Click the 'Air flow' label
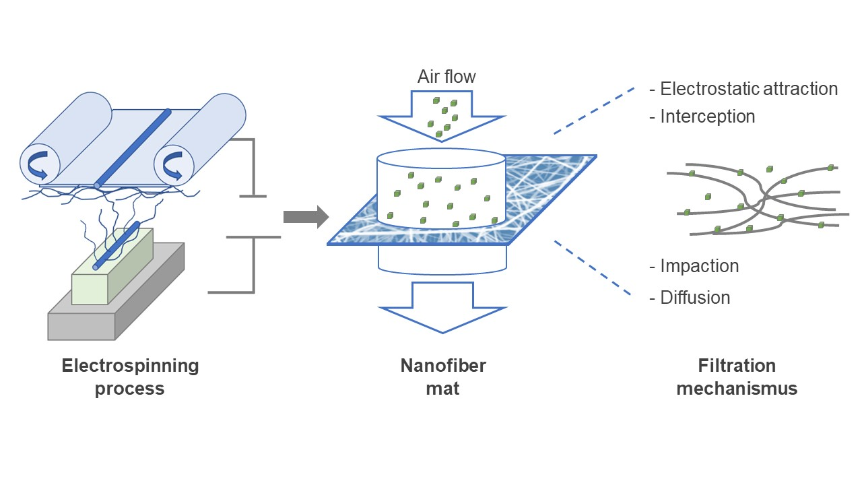[x=446, y=77]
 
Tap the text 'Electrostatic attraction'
[x=743, y=89]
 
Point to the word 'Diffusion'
[x=689, y=298]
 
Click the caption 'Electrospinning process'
[x=130, y=377]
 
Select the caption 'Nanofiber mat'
[x=442, y=377]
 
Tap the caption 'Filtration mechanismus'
[x=737, y=377]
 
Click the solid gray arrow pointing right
[x=305, y=217]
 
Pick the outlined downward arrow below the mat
[x=442, y=306]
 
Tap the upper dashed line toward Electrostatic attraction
[x=593, y=109]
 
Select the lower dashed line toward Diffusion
[x=593, y=267]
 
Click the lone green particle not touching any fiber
[x=707, y=197]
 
